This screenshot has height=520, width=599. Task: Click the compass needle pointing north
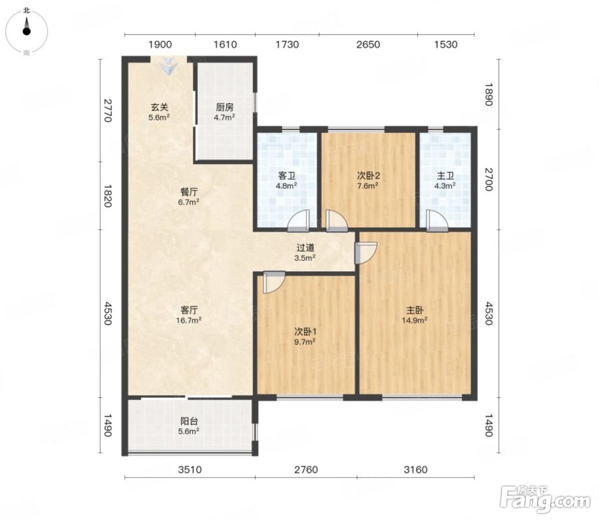click(x=26, y=26)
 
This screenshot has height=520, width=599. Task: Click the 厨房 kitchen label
click(x=225, y=107)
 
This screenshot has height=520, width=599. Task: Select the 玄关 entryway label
click(x=159, y=107)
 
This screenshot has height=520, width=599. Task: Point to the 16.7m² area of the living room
click(x=189, y=320)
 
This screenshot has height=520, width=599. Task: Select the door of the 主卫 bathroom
click(x=437, y=221)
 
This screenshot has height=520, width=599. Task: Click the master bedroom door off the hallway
click(x=366, y=253)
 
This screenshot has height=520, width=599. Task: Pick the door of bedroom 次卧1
click(x=274, y=282)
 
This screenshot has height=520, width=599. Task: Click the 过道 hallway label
click(x=305, y=248)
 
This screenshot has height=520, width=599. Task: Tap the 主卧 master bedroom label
click(x=414, y=310)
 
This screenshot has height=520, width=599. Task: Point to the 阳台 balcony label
click(x=189, y=421)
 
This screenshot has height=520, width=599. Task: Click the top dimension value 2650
click(x=368, y=44)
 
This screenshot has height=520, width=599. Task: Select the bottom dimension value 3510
click(x=190, y=470)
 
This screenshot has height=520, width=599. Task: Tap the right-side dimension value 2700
click(x=489, y=179)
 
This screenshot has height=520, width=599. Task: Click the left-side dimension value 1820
click(x=107, y=196)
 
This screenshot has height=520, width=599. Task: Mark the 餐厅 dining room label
click(x=189, y=192)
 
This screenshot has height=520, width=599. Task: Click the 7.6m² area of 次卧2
click(x=368, y=186)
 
